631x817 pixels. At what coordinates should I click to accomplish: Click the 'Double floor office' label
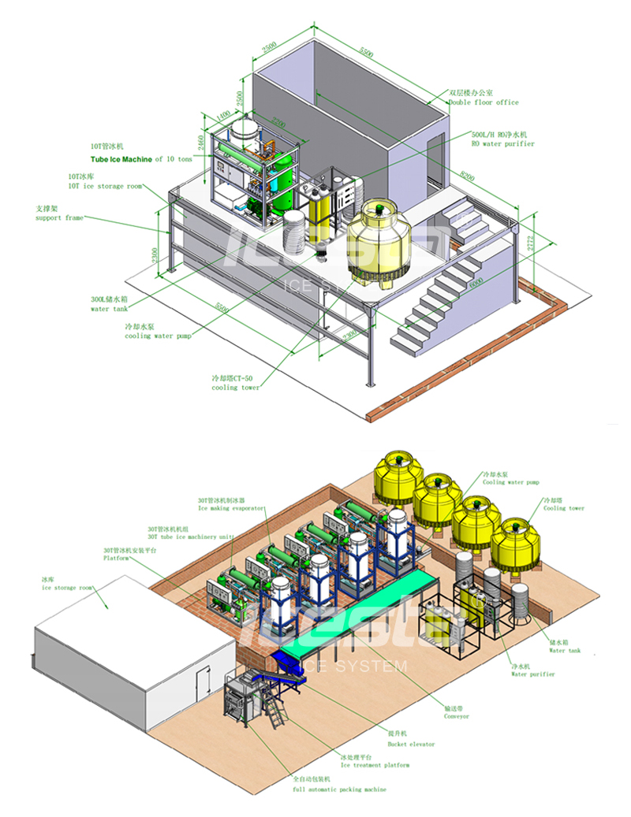[x=484, y=103]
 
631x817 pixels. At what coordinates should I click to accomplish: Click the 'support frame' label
[x=59, y=217]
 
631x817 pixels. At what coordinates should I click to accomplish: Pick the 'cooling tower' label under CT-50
[x=235, y=388]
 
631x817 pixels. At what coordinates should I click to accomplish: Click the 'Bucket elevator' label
[x=410, y=744]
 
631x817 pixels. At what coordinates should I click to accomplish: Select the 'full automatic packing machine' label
[x=342, y=789]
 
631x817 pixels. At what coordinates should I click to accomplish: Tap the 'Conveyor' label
[x=456, y=716]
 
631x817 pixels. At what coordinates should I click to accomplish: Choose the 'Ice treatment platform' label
[x=375, y=765]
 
